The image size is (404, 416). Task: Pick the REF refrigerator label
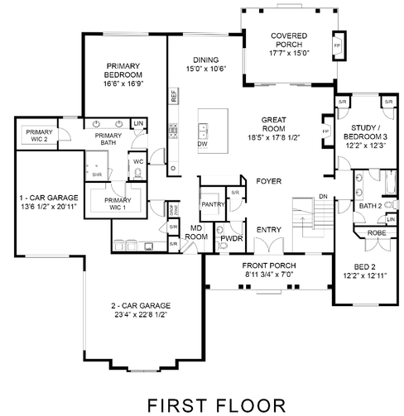pos(174,95)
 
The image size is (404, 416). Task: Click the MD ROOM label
pos(198,232)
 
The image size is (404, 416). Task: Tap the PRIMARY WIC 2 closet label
pos(40,136)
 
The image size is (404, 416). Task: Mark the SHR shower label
pos(97,175)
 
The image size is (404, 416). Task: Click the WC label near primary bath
pos(139,162)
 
